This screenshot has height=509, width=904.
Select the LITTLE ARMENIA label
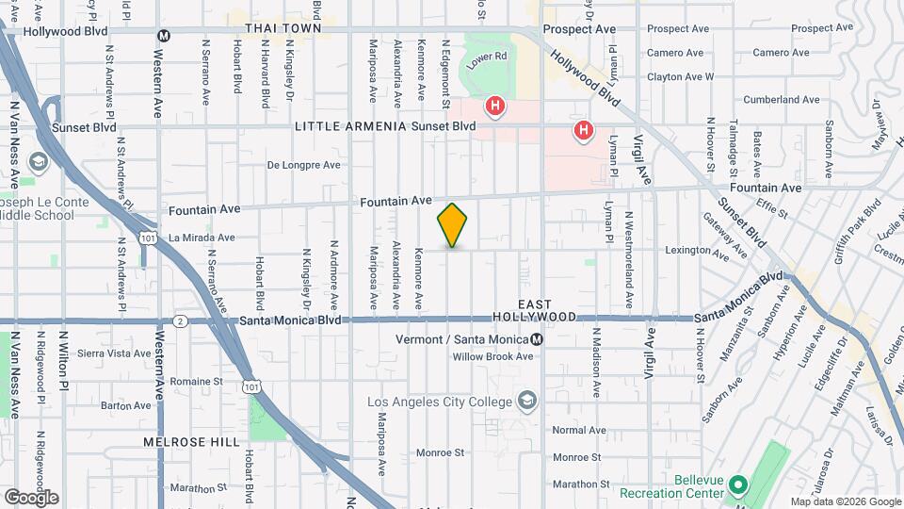pos(350,126)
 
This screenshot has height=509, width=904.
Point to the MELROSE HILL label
pos(180,441)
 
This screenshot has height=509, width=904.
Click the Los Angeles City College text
pos(440,402)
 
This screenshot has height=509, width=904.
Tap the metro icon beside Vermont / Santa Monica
pos(537,340)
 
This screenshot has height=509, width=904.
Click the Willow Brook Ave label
pos(492,356)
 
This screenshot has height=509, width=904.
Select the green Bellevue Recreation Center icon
pos(738,485)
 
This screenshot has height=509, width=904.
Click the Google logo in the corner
pos(30,498)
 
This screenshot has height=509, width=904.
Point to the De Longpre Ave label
pos(303,165)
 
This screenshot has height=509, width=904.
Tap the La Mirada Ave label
pos(200,238)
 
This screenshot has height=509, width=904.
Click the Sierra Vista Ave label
pos(114,353)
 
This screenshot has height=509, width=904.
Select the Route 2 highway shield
pos(179,320)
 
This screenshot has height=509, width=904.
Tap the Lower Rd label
pos(489,57)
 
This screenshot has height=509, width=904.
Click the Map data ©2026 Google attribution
pos(845,501)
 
